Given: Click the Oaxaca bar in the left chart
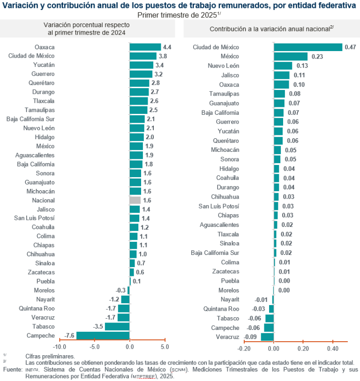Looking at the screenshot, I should [x=145, y=47].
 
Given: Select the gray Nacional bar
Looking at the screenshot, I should [x=135, y=200].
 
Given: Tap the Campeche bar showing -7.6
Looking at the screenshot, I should [x=103, y=336].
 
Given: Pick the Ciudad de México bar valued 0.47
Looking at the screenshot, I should [x=308, y=47].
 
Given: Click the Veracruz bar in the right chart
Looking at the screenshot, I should [x=267, y=337].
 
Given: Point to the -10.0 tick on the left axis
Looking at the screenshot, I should [x=60, y=347].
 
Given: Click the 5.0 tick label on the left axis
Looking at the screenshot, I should [x=165, y=347].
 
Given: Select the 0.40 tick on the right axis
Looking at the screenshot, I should [x=333, y=349].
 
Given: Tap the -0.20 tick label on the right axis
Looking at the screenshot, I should [x=244, y=349].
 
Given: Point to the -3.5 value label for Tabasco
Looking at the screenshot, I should [x=98, y=326].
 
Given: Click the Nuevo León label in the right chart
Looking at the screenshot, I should [x=223, y=66].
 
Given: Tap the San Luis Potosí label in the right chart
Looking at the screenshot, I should [x=218, y=206].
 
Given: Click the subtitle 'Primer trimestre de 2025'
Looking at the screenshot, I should [x=178, y=15].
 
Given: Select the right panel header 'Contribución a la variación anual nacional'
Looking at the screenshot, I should [x=270, y=29].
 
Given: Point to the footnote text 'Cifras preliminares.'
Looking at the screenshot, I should [x=50, y=356].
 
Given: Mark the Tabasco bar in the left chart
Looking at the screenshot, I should [x=117, y=326].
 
